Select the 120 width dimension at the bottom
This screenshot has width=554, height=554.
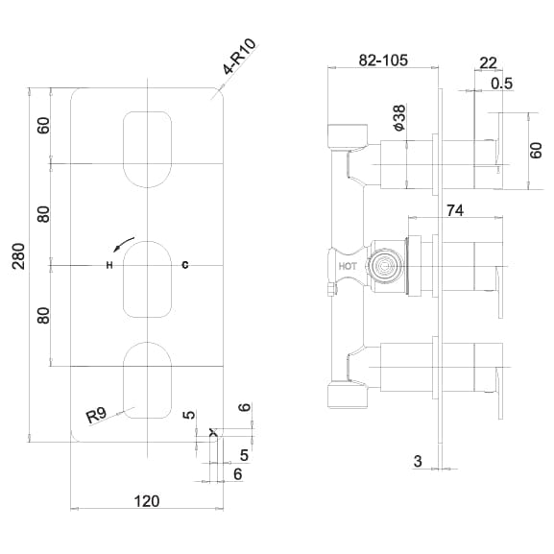(x=146, y=500)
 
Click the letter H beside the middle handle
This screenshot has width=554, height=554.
(x=109, y=264)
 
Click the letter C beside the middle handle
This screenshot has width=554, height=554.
(x=185, y=264)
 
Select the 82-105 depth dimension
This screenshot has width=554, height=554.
(x=383, y=60)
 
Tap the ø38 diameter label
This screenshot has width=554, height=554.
(x=397, y=116)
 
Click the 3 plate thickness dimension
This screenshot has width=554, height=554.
(x=419, y=462)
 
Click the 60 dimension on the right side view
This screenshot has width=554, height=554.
(x=537, y=150)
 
